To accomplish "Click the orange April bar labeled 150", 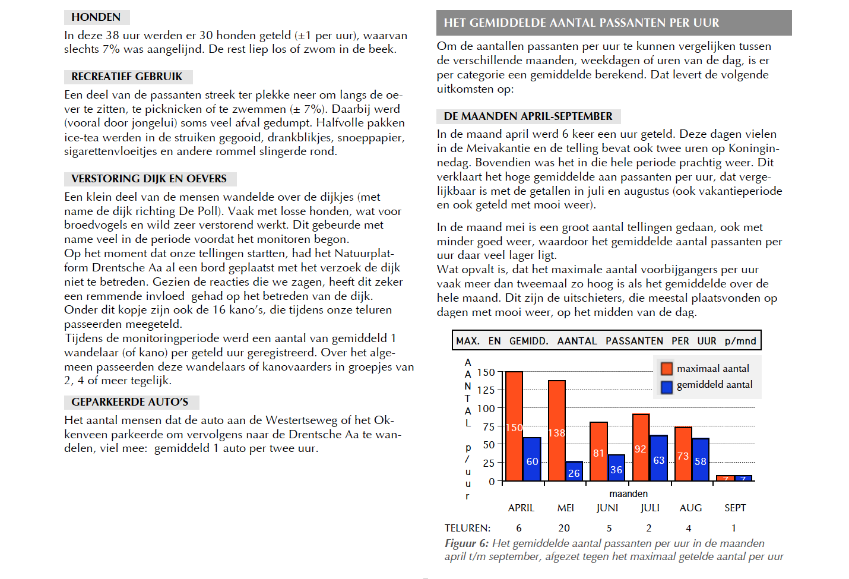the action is [x=514, y=426].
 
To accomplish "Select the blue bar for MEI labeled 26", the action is [x=574, y=472].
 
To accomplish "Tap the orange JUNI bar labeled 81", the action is [x=598, y=451].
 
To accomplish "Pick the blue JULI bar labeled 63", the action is [x=659, y=458].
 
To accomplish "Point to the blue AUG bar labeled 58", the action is [x=701, y=460].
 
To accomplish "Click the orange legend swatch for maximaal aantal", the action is [x=667, y=368].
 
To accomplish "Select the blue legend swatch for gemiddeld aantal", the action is [x=667, y=387].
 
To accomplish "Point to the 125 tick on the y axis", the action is [x=486, y=390].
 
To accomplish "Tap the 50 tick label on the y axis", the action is [x=489, y=445].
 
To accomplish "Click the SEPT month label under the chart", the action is [x=735, y=508].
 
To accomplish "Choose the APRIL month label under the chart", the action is [x=521, y=508].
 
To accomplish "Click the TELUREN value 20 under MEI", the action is [x=564, y=528].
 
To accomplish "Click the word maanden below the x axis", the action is [x=628, y=493].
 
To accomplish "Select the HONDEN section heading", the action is [x=96, y=17].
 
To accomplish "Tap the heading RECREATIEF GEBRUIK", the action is [x=127, y=77].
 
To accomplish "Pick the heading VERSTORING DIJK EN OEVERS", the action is [x=150, y=179].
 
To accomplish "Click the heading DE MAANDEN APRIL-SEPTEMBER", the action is [x=528, y=116].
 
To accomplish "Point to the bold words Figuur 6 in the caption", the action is [x=467, y=544].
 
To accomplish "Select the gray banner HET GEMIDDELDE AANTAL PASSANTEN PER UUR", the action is [x=614, y=23].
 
